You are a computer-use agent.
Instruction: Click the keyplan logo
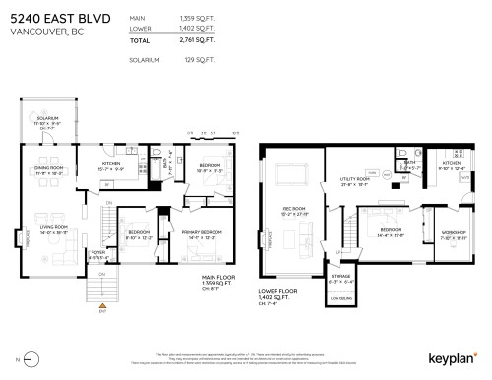[452, 359]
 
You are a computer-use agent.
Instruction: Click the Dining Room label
[48, 169]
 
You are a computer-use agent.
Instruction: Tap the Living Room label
[53, 229]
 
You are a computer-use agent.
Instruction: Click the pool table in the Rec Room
[292, 176]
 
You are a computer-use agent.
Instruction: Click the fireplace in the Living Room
[20, 234]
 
